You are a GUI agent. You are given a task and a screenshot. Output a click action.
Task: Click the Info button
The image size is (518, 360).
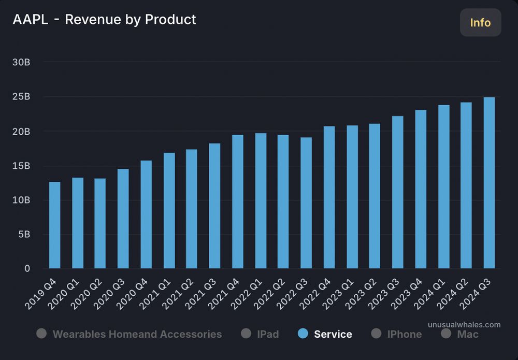click(x=480, y=23)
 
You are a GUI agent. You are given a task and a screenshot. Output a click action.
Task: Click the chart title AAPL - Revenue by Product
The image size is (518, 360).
click(x=104, y=20)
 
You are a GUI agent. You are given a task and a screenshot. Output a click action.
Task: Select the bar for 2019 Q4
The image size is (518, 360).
click(x=54, y=225)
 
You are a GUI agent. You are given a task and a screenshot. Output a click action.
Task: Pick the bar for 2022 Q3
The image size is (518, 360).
click(x=306, y=203)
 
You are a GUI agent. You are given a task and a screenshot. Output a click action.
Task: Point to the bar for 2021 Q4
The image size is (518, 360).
click(x=238, y=201)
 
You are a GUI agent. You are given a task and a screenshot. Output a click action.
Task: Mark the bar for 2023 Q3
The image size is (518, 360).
click(x=398, y=192)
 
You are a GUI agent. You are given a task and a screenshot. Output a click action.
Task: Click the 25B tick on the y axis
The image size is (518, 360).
click(x=21, y=97)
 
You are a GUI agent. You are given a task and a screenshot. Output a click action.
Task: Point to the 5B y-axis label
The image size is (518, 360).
click(x=23, y=234)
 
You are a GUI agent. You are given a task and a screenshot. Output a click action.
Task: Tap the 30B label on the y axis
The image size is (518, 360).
click(x=21, y=62)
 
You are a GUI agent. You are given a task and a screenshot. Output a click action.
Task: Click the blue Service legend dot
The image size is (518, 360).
click(x=303, y=334)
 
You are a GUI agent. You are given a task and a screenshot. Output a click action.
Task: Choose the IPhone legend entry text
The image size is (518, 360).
click(x=404, y=334)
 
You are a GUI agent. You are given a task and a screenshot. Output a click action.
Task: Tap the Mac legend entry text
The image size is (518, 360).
click(x=467, y=334)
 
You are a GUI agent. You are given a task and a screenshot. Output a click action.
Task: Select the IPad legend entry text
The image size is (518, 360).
click(x=268, y=334)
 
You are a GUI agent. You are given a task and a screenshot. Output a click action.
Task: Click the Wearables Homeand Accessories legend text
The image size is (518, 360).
click(x=137, y=334)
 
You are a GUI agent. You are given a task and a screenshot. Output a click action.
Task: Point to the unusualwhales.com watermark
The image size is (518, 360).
click(x=464, y=325)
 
